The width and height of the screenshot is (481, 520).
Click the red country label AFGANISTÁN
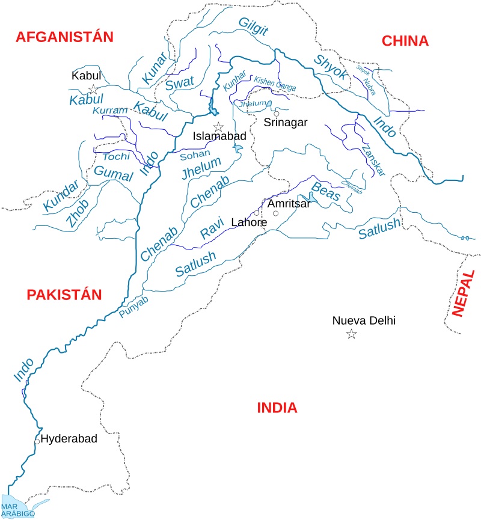(x=64, y=37)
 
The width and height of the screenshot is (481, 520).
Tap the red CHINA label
(x=405, y=41)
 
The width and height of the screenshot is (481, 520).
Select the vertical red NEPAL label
(x=460, y=293)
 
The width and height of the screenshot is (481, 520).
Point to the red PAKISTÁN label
(x=64, y=295)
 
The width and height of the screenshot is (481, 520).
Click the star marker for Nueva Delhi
(x=351, y=334)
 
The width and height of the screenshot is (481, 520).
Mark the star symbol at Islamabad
(x=219, y=127)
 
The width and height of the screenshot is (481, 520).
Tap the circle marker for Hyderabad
(x=37, y=441)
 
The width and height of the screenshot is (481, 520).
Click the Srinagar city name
(x=286, y=123)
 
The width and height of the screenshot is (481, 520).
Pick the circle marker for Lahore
(x=257, y=213)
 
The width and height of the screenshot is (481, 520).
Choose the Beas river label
(x=325, y=191)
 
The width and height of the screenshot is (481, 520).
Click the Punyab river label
(x=133, y=308)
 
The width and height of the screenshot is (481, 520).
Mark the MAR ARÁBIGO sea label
(x=17, y=509)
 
